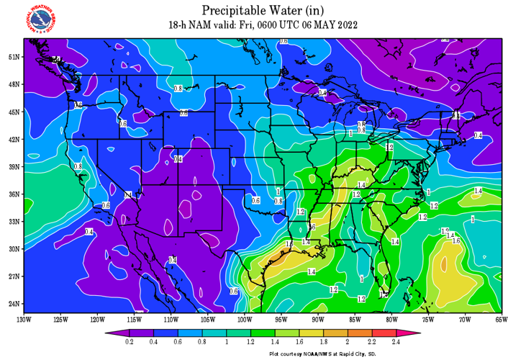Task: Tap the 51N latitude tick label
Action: [x=13, y=57]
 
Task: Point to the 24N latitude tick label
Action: [x=13, y=303]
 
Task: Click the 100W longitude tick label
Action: [x=244, y=319]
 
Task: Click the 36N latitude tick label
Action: [x=13, y=194]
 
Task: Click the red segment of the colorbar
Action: [x=389, y=333]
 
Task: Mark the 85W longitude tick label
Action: [x=354, y=319]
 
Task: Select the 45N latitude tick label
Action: [x=13, y=112]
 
